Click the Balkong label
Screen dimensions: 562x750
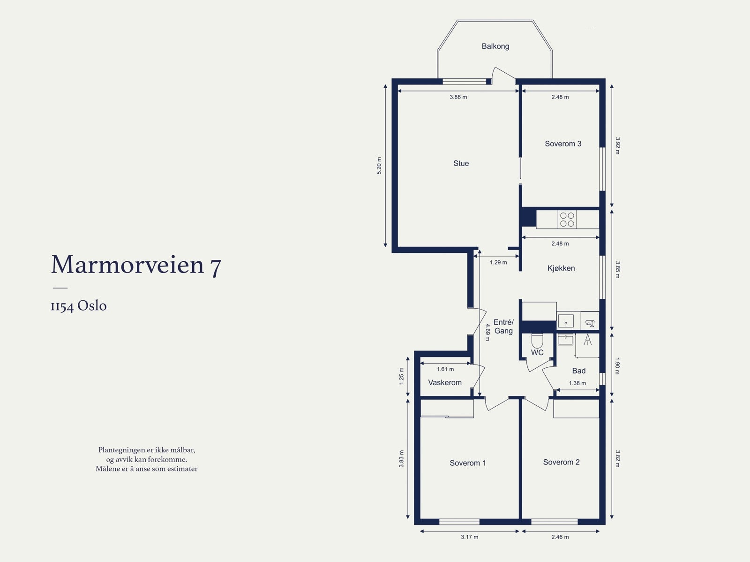coord(495,46)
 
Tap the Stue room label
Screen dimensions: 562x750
coord(461,163)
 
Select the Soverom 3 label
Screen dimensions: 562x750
coord(562,144)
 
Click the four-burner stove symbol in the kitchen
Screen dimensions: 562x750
coord(567,220)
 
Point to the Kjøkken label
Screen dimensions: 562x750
coord(561,268)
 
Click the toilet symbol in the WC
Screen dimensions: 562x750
coord(537,340)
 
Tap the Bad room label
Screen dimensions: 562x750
coord(578,371)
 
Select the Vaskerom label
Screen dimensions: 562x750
coord(445,382)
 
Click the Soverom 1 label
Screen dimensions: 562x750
coord(467,463)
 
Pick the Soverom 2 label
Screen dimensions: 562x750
coord(561,462)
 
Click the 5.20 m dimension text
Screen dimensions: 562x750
coord(379,166)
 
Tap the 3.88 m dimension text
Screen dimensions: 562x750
coord(458,97)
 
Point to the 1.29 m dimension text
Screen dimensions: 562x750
coord(498,262)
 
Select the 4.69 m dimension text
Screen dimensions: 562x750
coord(487,332)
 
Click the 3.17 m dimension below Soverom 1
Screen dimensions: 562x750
coord(469,537)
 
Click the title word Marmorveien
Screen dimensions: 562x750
coord(127,265)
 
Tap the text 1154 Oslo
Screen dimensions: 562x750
coord(79,306)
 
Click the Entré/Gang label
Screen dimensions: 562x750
coord(503,327)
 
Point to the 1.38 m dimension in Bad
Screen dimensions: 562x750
coord(577,383)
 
